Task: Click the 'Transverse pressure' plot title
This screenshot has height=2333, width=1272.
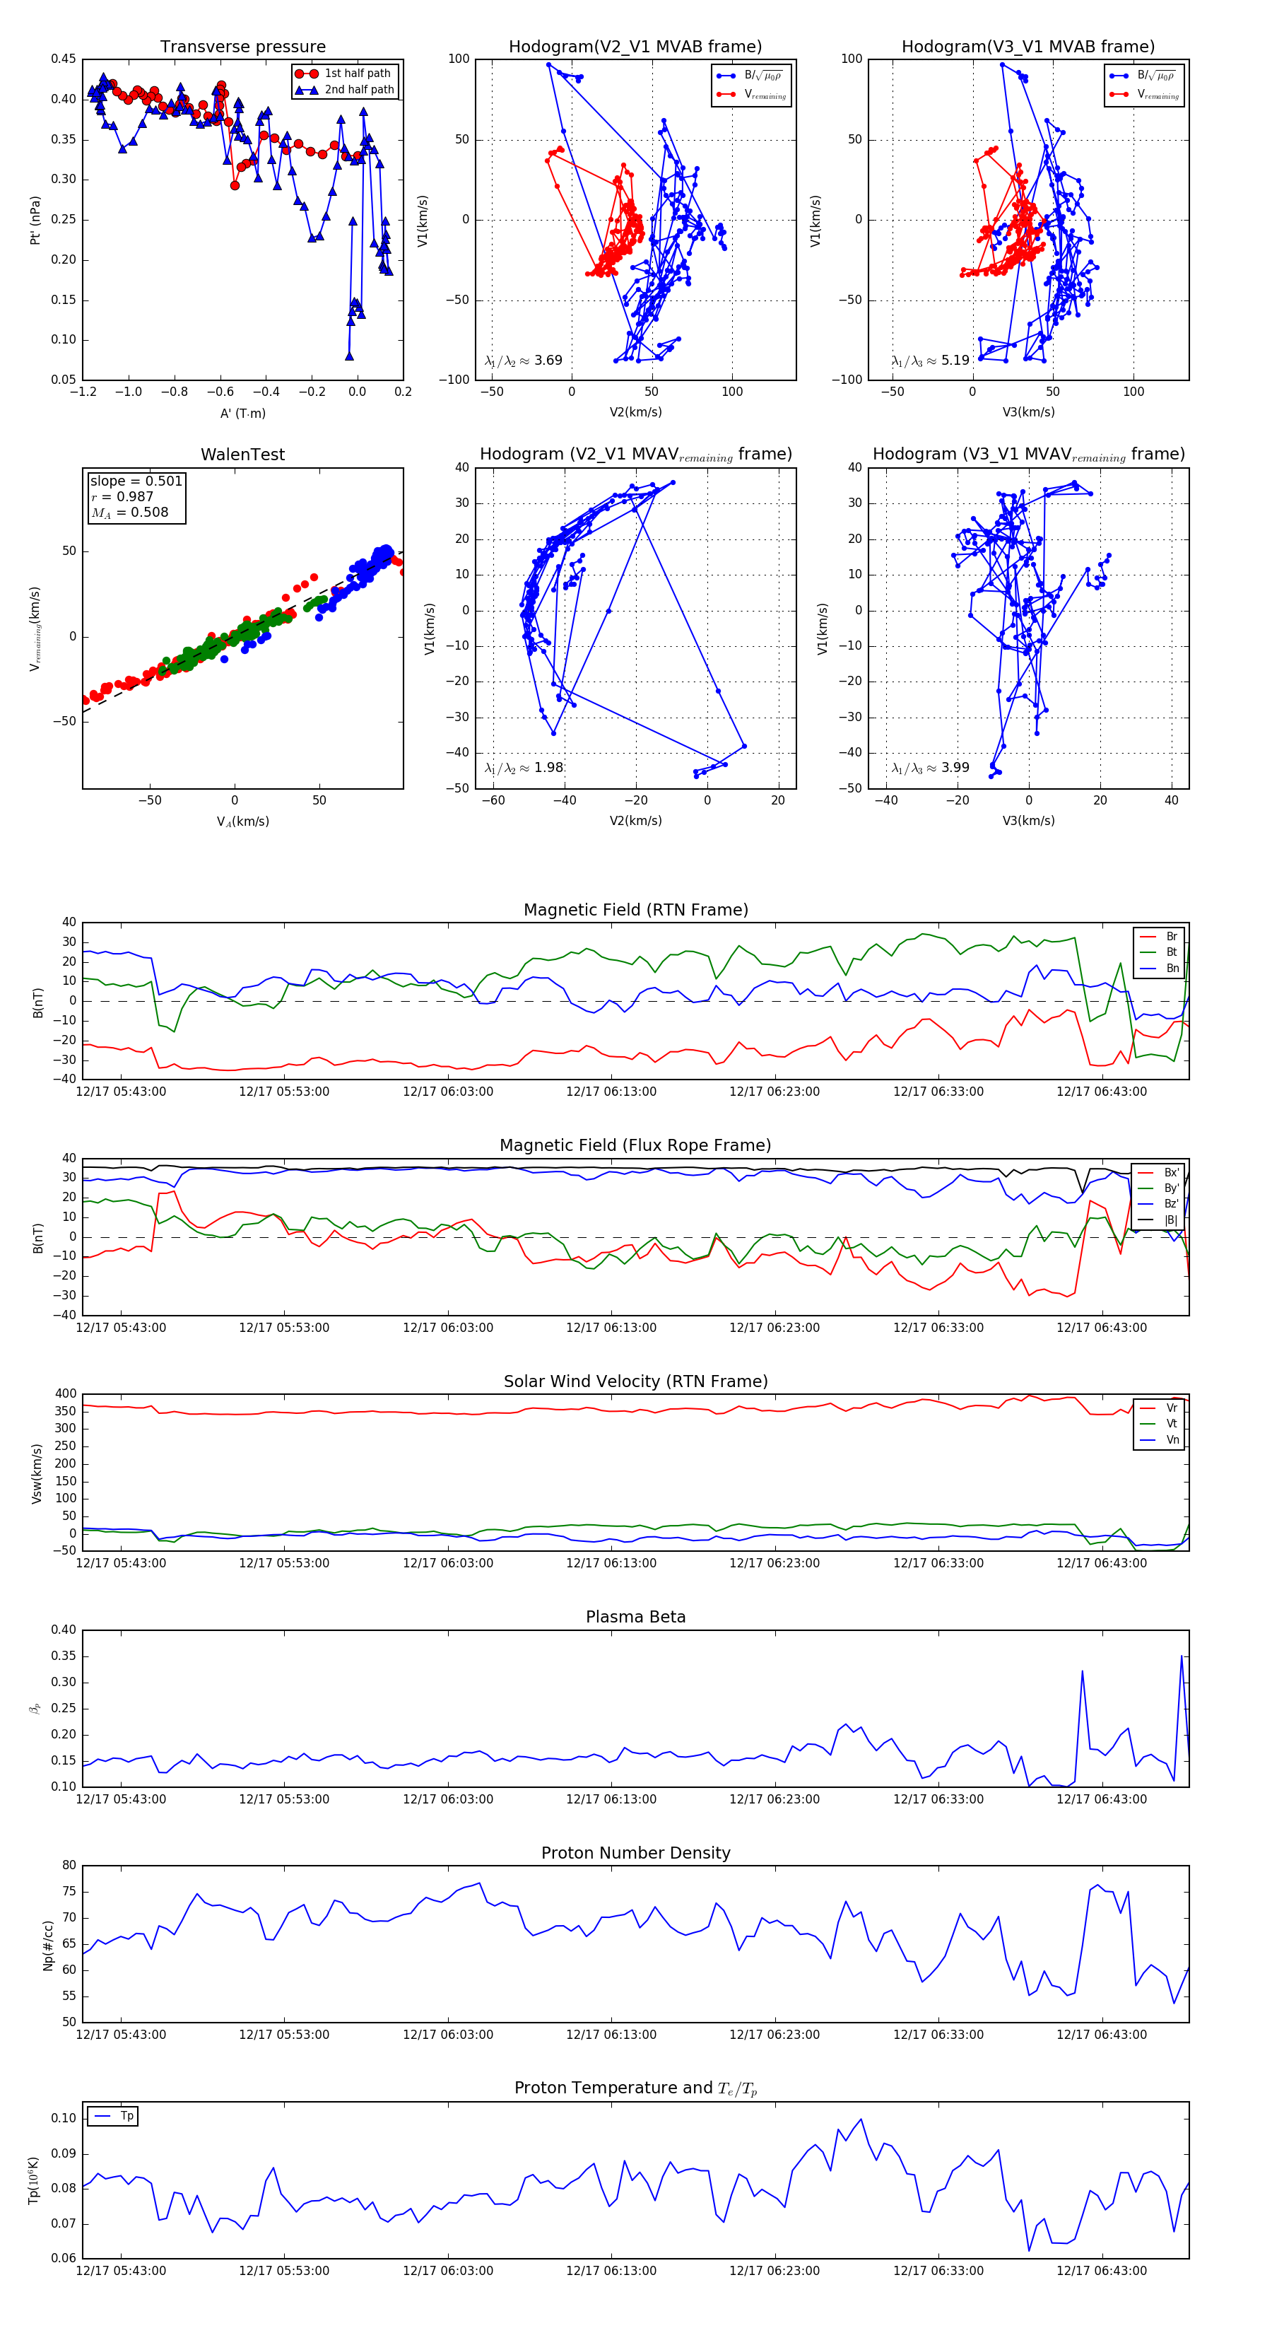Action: tap(242, 47)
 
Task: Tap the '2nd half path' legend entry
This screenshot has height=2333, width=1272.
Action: tap(358, 90)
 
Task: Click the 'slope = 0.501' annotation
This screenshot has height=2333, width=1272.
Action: tap(136, 481)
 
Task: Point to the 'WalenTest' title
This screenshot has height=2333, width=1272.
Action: tap(242, 455)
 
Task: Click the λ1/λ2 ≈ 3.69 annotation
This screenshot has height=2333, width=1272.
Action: tap(523, 361)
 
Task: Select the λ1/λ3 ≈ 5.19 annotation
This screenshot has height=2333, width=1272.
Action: tap(930, 361)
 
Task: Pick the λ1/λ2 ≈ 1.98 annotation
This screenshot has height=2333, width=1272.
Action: tap(523, 768)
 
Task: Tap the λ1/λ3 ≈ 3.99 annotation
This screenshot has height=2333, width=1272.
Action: tap(930, 768)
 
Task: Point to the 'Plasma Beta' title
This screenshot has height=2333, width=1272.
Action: tap(635, 1617)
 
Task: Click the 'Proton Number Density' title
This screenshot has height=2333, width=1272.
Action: tap(635, 1853)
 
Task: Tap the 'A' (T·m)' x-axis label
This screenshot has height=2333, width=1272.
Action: tap(242, 413)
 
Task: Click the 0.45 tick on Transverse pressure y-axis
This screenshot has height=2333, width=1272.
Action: tap(64, 59)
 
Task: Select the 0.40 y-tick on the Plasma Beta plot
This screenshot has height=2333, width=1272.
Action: tap(64, 1630)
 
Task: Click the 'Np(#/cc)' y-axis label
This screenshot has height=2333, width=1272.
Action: tap(48, 1944)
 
